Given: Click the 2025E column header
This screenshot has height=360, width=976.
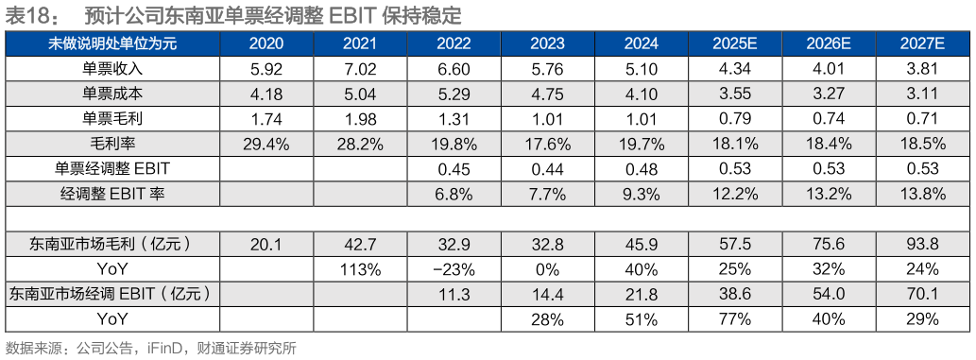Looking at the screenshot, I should point(736,44).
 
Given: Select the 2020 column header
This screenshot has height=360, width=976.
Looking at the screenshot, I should point(266,44).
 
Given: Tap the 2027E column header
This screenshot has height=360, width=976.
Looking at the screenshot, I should point(923,44).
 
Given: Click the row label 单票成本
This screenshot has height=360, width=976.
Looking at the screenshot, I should point(111,94).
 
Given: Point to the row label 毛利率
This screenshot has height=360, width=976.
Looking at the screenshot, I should point(111,144).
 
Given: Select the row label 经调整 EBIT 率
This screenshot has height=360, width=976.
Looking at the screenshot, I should point(111,194).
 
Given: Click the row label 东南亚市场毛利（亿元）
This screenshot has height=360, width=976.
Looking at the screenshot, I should point(111,244).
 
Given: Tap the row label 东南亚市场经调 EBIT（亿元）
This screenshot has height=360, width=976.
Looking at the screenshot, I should point(111,295).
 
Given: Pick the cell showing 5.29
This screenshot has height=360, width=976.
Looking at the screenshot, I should point(454,94).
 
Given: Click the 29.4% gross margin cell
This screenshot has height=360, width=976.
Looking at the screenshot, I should point(266,144).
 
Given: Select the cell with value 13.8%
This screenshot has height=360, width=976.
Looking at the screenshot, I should point(923,194).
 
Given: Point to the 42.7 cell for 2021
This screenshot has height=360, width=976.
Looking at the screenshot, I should point(360,244).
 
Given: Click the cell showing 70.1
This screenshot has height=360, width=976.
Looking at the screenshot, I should point(923,295).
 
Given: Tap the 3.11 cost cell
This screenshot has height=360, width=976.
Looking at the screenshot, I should point(923,94).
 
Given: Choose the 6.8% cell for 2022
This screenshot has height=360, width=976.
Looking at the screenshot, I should point(454,194).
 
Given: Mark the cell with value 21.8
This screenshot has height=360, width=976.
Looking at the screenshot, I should point(642,295).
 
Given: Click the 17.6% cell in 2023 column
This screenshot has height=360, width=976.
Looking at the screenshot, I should point(548,144).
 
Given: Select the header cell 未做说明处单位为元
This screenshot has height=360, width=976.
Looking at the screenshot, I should point(111,44).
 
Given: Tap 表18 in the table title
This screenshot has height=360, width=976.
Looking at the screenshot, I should point(25,15).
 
